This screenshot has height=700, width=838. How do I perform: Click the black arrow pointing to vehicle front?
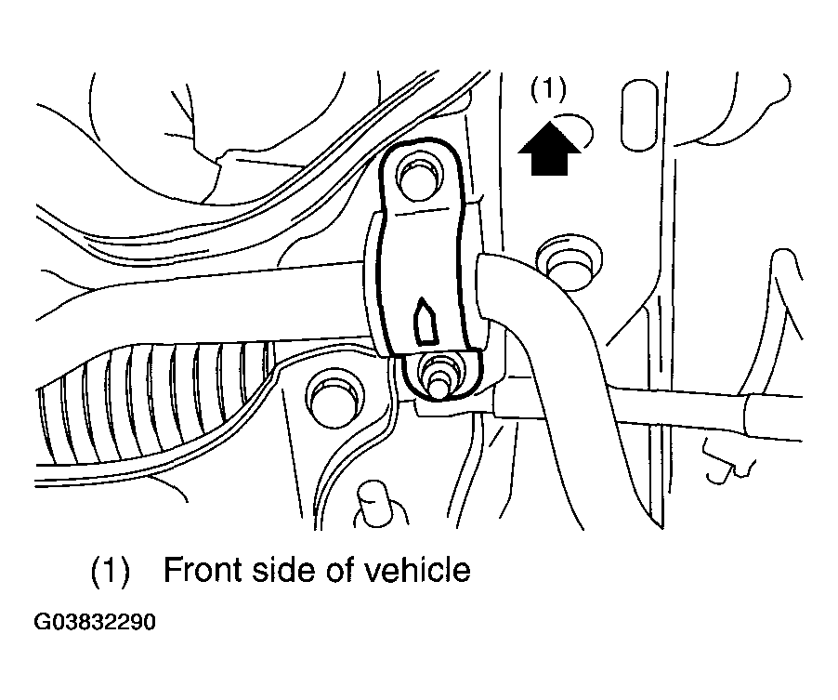tap(547, 150)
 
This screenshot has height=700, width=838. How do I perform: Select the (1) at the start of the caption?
tap(109, 570)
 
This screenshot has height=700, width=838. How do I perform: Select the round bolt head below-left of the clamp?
tap(332, 396)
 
